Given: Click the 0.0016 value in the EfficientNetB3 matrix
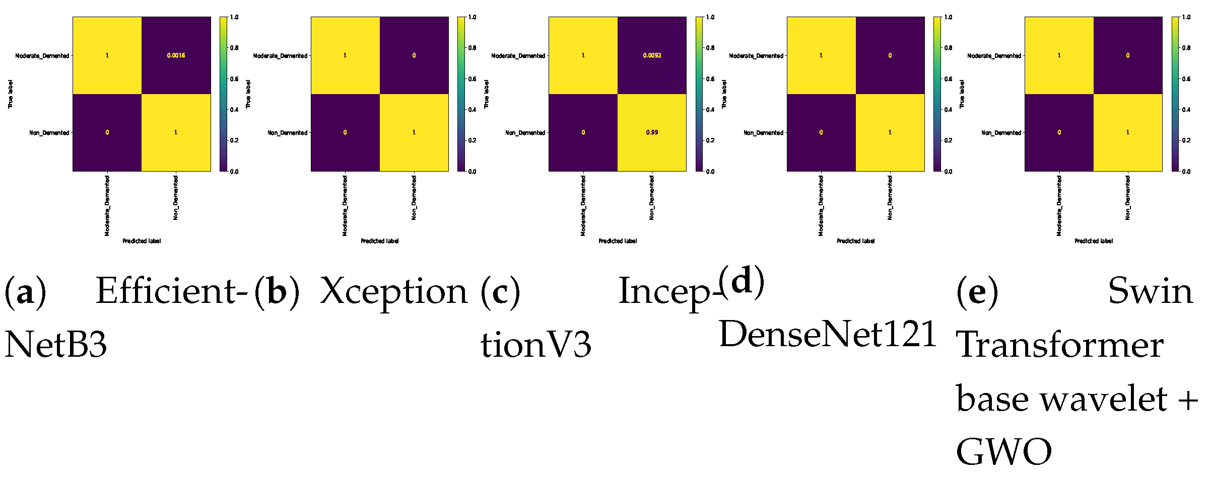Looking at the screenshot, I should pos(176,55).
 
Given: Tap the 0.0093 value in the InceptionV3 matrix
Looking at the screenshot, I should pos(652,55).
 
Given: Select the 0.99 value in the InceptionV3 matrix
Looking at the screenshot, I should pos(652,132).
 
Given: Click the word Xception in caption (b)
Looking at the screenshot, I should pos(394,291).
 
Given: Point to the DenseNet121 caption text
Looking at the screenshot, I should pos(828,334).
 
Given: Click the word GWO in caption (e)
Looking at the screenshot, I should pos(1003,452).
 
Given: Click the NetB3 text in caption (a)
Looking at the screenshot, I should pos(55,345).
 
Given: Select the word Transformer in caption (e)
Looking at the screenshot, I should pos(1059,345).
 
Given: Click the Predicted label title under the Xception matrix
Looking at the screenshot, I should pos(379,241).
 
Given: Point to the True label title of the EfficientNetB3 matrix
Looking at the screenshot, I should pos(10,94).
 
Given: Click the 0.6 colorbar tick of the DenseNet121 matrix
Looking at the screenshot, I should pos(948,79).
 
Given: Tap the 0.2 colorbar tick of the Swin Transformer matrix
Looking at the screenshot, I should pos(1186,140).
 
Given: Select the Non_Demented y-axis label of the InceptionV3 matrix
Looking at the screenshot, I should pos(525,133).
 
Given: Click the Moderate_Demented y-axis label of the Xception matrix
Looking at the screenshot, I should pos(280,56).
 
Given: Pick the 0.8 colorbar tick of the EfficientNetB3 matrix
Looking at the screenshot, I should pos(234,48).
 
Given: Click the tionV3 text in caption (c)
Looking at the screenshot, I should pos(535,345).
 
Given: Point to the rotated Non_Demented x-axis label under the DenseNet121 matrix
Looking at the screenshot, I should pos(890,197).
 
